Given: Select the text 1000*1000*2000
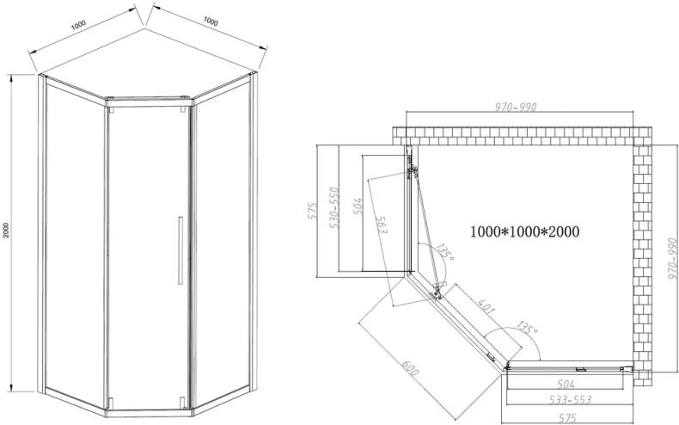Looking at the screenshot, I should (524, 231).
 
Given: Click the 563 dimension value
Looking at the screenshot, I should (381, 226).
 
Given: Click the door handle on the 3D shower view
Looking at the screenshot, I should (180, 250).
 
